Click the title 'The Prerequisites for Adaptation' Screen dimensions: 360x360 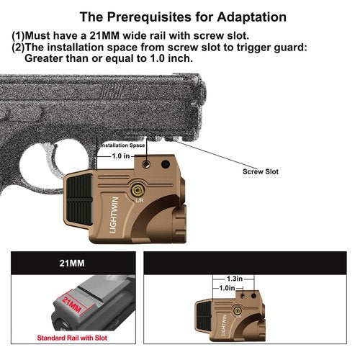tap(183, 17)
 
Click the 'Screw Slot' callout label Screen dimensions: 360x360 tap(261, 171)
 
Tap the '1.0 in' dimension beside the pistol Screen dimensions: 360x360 tap(121, 156)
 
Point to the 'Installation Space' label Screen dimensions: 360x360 tap(122, 145)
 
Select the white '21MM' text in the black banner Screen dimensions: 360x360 tap(72, 264)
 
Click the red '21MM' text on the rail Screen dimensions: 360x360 tap(72, 304)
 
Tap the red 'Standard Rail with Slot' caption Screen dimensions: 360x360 tap(72, 338)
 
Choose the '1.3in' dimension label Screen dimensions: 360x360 tap(235, 279)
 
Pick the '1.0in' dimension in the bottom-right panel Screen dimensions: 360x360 tap(227, 288)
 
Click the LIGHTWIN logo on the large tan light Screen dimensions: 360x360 tap(114, 215)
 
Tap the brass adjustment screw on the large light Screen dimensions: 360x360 tap(137, 190)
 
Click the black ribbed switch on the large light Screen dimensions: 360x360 tap(79, 199)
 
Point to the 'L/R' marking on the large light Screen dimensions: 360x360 tap(140, 199)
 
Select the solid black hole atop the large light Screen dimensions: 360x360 tap(166, 164)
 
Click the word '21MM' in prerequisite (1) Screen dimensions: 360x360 tap(104, 36)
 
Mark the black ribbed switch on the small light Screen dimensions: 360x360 tap(204, 315)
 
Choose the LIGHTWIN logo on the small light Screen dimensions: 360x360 tap(224, 325)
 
